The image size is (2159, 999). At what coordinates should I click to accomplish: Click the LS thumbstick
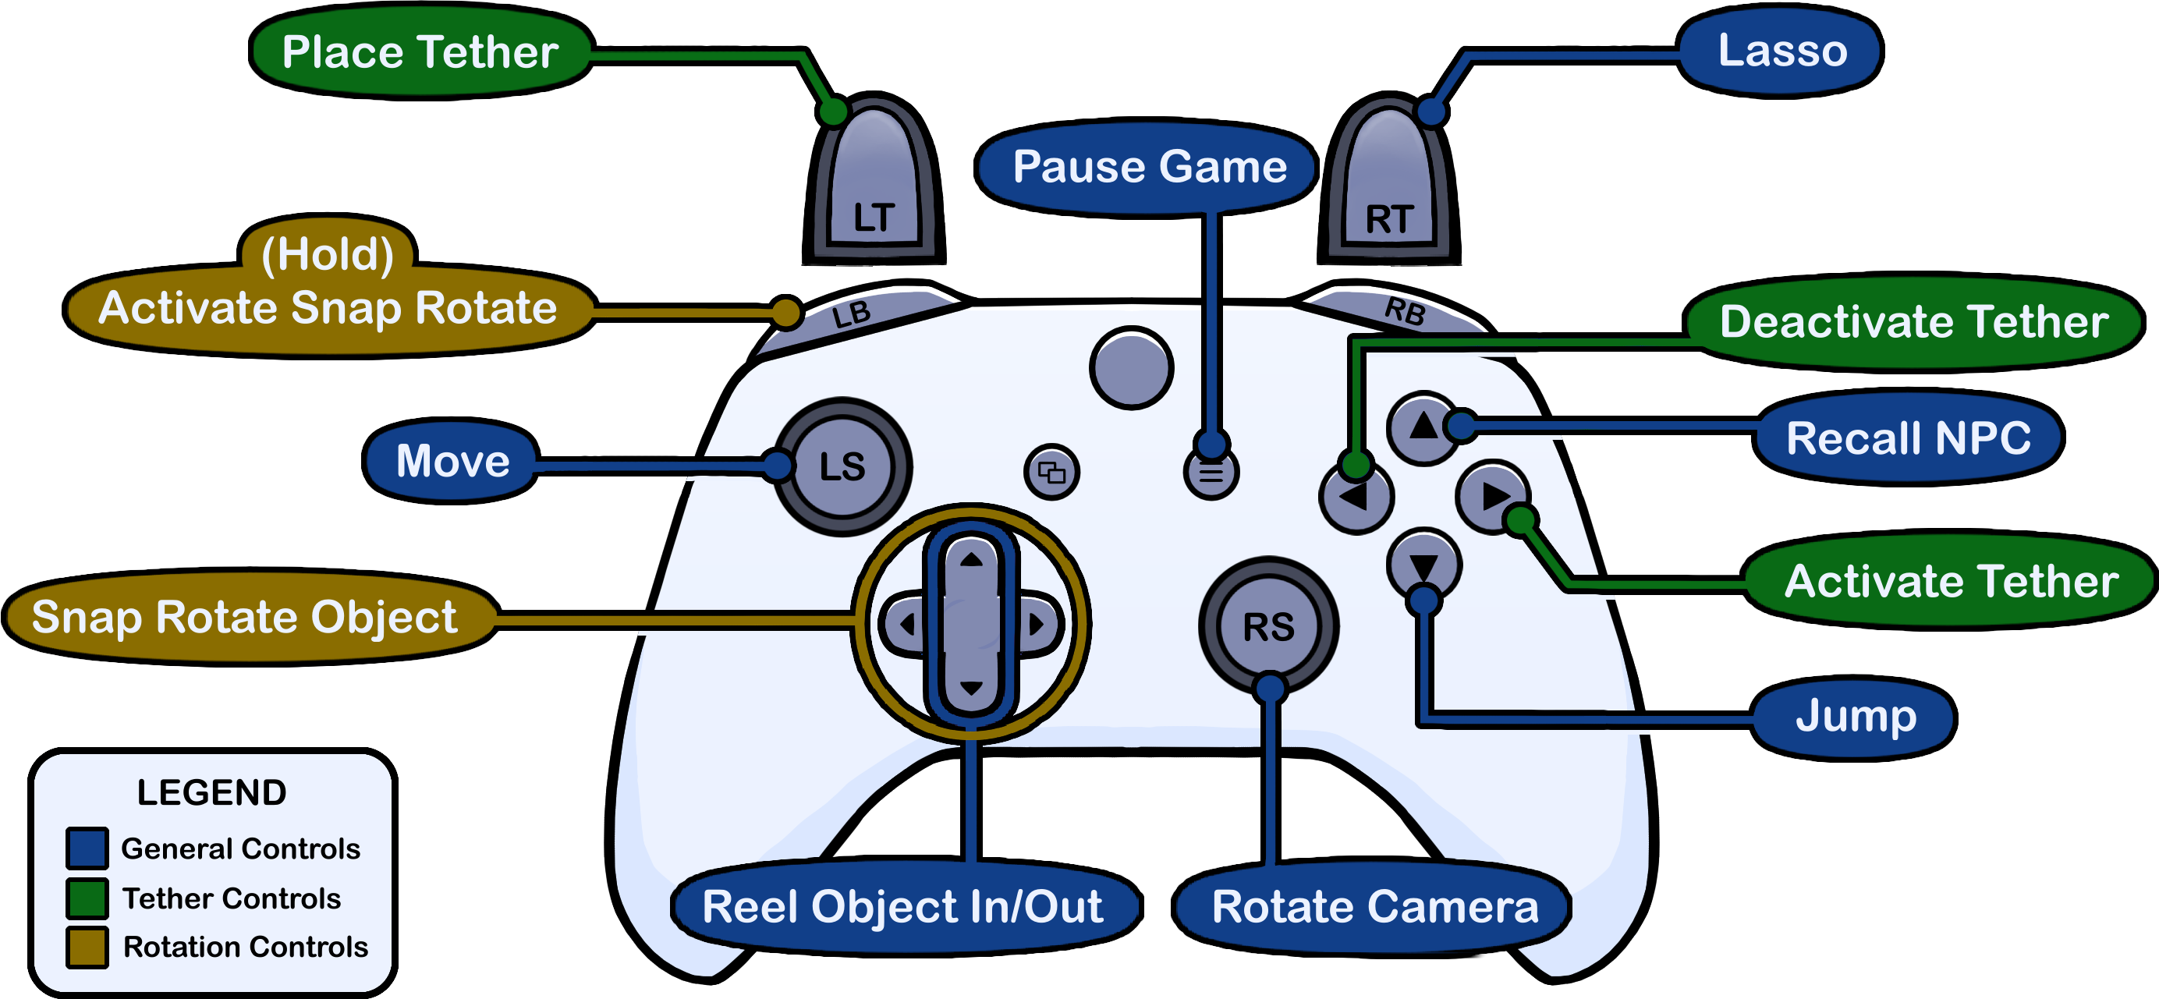tap(842, 466)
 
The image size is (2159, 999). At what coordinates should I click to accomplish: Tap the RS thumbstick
tap(1268, 626)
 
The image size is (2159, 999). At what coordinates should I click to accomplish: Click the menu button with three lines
tap(1211, 473)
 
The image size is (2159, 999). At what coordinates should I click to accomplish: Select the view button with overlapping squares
tap(1052, 472)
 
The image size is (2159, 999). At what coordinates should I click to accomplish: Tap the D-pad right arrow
tap(1037, 625)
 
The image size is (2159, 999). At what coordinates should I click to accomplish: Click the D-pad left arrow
tap(905, 625)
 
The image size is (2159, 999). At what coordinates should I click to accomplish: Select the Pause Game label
tap(1149, 166)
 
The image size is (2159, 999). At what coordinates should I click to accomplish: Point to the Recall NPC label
tap(1909, 438)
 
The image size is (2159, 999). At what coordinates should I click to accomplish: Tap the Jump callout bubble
tap(1855, 717)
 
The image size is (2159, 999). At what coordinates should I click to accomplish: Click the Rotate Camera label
tap(1374, 907)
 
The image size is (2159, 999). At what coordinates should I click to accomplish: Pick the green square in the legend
tap(87, 898)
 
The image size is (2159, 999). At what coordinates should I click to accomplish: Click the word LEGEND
tap(211, 792)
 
